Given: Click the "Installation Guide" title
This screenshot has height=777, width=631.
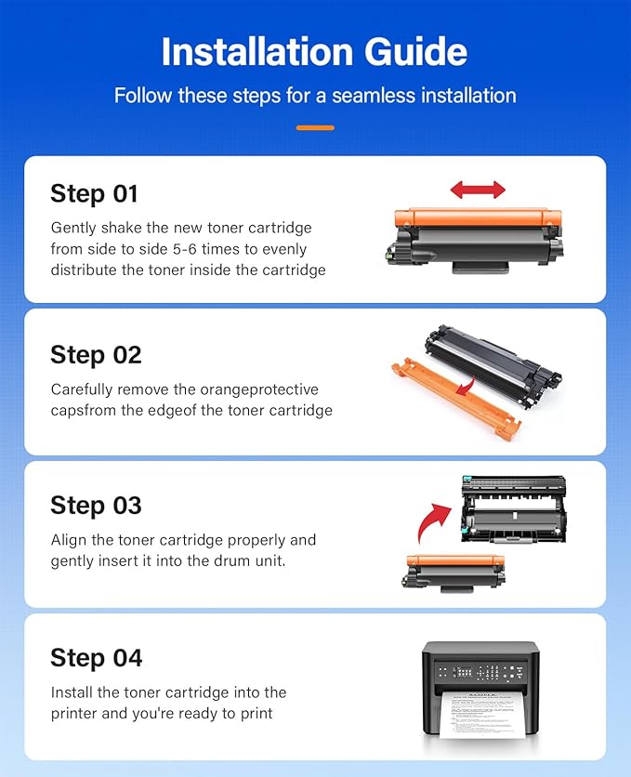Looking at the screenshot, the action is point(314,51).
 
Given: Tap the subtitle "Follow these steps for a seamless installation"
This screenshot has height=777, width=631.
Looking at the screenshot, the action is point(315,95).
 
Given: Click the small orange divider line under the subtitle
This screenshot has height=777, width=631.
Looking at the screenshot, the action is point(316,128).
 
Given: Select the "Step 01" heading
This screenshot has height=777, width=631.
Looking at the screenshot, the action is point(94,193).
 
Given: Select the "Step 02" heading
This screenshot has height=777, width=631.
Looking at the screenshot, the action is point(96,355).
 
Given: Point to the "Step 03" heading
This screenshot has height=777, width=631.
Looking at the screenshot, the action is point(96,506).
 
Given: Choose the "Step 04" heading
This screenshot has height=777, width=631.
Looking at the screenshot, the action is point(96,658).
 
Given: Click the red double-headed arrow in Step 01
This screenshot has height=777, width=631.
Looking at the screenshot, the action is point(478,190).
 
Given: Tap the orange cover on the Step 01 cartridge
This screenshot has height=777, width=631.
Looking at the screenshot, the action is point(478,218).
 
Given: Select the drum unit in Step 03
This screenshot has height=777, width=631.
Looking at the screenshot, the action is point(514,509).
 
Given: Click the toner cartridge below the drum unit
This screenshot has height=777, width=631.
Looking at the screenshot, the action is point(454,573).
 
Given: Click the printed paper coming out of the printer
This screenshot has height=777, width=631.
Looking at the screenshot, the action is point(477,715).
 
